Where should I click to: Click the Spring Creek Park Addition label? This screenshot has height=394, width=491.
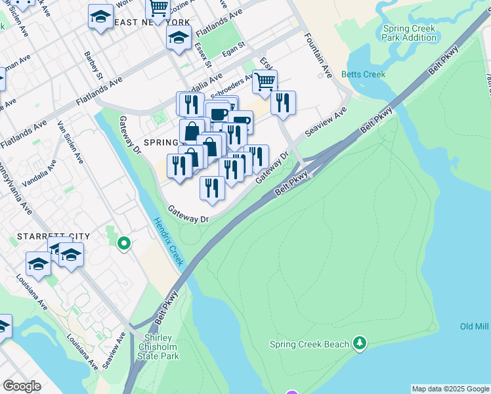pos(410,33)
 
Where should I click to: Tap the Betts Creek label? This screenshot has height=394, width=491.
pos(364,74)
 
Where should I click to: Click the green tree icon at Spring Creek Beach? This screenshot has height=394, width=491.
pos(359,343)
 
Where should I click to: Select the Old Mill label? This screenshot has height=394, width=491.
pos(475,326)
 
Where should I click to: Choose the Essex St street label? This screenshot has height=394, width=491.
pos(202,56)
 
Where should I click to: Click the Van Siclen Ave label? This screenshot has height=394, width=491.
pos(70,142)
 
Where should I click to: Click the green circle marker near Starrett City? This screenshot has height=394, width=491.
pos(123,245)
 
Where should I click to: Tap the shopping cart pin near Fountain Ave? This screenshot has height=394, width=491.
pos(265,81)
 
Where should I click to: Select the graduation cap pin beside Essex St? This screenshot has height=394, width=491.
pos(179,38)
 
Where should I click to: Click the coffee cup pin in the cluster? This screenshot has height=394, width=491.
pos(217,114)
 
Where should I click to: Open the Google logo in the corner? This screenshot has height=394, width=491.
pos(22,386)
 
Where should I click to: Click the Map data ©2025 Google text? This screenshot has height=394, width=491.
pos(450,389)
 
